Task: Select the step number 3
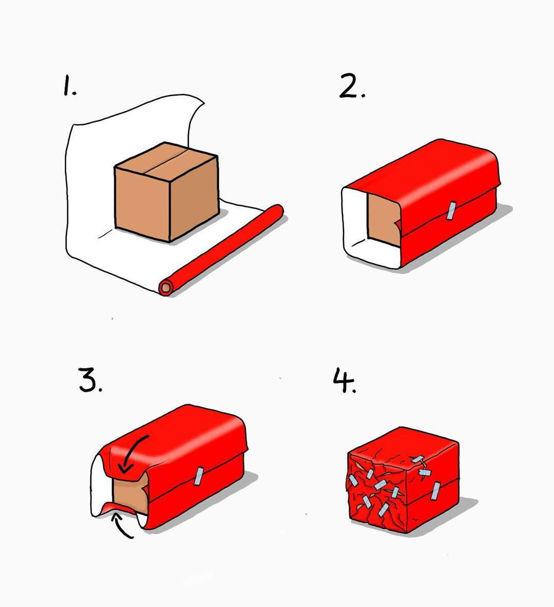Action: [x=90, y=380]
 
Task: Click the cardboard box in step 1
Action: [x=166, y=192]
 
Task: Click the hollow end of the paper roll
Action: [x=166, y=288]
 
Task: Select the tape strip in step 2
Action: [x=451, y=211]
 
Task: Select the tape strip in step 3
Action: [x=199, y=476]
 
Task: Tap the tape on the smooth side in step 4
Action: [x=435, y=491]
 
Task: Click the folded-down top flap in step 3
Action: [x=126, y=461]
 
